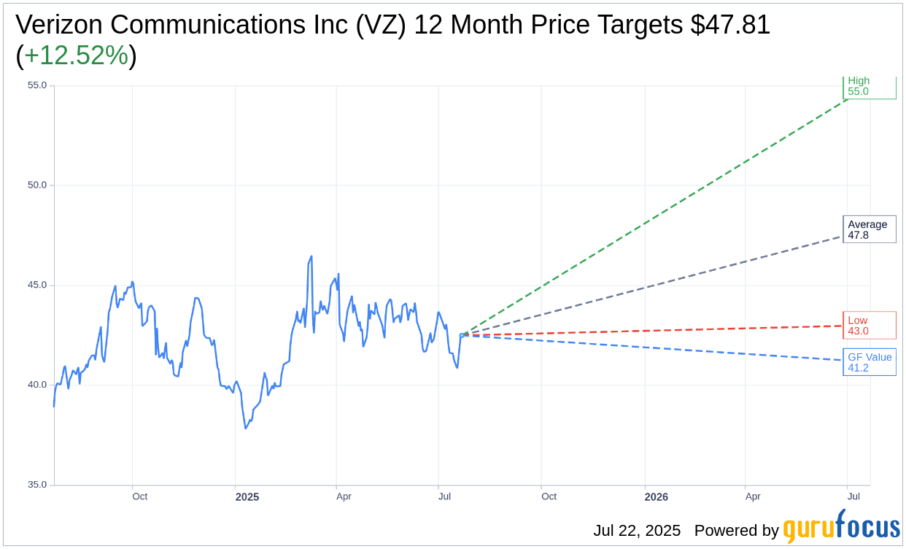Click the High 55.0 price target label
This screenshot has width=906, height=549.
869,87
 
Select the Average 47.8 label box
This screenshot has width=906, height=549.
869,230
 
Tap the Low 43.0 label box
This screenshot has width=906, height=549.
869,326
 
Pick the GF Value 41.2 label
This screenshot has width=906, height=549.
869,363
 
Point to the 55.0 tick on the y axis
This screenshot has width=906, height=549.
37,85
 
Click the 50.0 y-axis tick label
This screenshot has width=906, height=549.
37,185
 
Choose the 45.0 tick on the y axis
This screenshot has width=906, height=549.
37,285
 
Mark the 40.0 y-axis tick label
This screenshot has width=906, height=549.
37,385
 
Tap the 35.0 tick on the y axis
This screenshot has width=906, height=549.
37,485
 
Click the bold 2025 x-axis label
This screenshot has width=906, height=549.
247,497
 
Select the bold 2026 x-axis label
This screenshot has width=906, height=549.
656,497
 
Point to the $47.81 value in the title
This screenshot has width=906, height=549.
730,26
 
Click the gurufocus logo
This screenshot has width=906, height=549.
841,528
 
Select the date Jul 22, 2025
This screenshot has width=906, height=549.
637,531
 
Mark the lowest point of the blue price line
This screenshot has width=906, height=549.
246,428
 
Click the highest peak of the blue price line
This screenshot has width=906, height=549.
311,256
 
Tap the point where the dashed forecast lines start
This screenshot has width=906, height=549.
461,335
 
